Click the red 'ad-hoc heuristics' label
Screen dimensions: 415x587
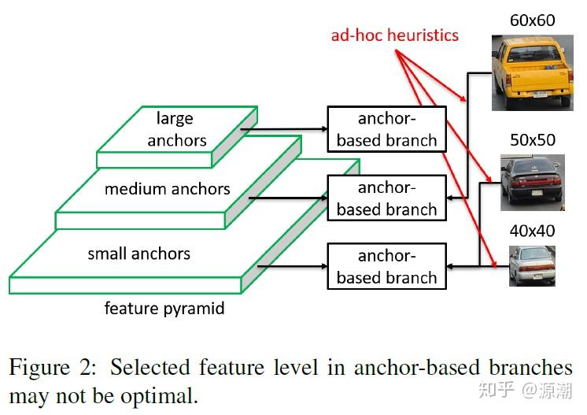(x=393, y=35)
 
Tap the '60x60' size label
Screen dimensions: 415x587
(x=533, y=20)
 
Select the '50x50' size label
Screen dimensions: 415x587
(x=533, y=140)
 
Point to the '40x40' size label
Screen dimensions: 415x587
(x=533, y=231)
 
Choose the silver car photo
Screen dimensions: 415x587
(x=532, y=265)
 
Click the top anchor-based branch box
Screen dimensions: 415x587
(x=386, y=129)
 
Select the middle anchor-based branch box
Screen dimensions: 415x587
(x=386, y=198)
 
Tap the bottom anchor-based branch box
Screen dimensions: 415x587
(x=386, y=266)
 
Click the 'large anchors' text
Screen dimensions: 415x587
(x=175, y=129)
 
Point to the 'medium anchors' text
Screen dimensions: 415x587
(x=167, y=189)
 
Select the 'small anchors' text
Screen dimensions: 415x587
(x=138, y=254)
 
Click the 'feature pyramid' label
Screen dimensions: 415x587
(x=164, y=308)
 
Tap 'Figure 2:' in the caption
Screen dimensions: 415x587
(x=54, y=368)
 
